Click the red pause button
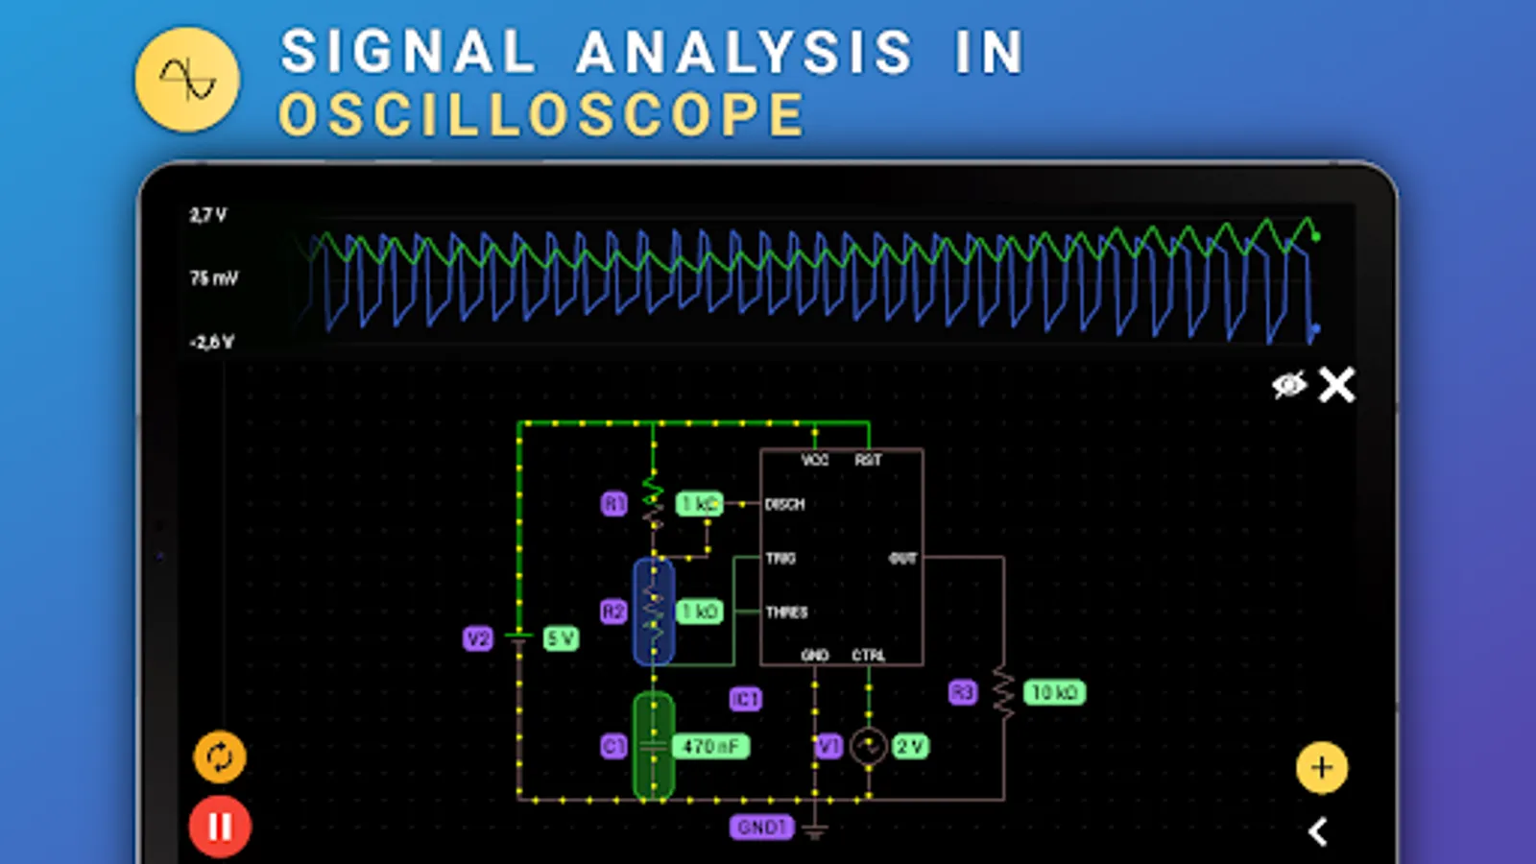(x=220, y=827)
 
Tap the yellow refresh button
(x=220, y=757)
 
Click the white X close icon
(x=1336, y=385)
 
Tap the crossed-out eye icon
(x=1288, y=385)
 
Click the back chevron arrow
(x=1318, y=831)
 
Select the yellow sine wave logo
(x=187, y=80)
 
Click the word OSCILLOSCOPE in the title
(x=541, y=115)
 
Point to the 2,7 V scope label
(x=208, y=215)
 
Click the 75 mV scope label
(x=213, y=278)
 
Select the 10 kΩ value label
(x=1054, y=692)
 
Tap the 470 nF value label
(x=710, y=746)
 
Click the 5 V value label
(x=561, y=638)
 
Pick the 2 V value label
(x=910, y=746)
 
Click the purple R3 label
(x=962, y=692)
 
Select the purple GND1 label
(x=761, y=827)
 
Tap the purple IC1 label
(x=745, y=699)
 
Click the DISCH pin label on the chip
(x=784, y=504)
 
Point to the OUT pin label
(x=902, y=558)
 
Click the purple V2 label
(x=477, y=638)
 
